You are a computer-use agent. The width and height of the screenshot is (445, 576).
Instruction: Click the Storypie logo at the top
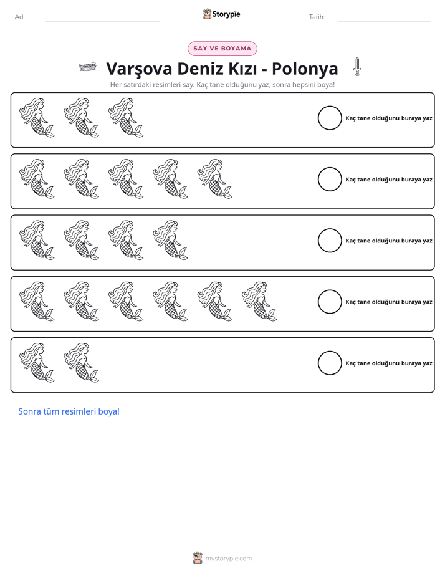tap(221, 14)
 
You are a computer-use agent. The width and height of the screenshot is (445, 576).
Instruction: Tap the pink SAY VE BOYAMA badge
tap(222, 49)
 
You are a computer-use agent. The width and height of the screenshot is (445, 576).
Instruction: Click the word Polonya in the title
tap(305, 69)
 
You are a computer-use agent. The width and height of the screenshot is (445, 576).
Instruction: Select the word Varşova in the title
tap(139, 69)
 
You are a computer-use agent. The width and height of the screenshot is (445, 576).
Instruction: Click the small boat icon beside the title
tap(88, 67)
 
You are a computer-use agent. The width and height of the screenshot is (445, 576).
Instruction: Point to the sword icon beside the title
tap(357, 67)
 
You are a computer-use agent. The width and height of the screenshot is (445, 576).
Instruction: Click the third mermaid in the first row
tap(125, 118)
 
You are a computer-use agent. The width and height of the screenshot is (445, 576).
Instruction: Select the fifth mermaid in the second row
tap(215, 179)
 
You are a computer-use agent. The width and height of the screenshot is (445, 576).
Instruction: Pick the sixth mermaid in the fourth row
tap(259, 301)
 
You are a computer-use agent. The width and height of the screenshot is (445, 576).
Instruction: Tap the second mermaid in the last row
tap(81, 363)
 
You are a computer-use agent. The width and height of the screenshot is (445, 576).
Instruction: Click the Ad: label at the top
tap(20, 17)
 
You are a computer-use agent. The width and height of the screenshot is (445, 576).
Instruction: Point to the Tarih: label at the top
tap(317, 17)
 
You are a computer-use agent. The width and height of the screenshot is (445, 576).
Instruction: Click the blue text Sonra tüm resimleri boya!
tap(69, 411)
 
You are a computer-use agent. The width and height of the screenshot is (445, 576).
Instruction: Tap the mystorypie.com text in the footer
tap(228, 559)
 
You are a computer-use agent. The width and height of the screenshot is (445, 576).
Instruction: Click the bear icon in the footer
tap(198, 558)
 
